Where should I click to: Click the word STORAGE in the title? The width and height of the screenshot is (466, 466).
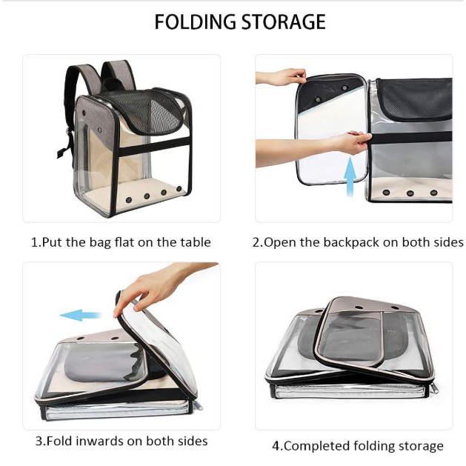(284, 21)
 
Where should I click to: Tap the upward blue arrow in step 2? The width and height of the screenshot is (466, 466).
(350, 176)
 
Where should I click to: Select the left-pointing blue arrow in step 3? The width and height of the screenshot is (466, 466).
(81, 315)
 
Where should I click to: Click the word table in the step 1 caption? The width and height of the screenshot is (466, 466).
(196, 242)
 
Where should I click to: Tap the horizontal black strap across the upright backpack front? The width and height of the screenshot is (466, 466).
(155, 146)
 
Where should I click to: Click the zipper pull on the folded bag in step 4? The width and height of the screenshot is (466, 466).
(434, 387)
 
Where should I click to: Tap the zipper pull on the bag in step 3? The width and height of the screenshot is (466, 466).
(199, 405)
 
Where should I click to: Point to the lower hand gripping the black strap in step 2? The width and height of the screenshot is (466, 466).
(315, 147)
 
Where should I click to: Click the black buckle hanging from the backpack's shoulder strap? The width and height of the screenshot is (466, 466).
(62, 153)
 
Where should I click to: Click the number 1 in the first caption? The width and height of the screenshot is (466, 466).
(35, 242)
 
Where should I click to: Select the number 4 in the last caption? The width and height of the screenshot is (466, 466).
(276, 446)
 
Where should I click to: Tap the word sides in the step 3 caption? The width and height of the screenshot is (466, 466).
(193, 441)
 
